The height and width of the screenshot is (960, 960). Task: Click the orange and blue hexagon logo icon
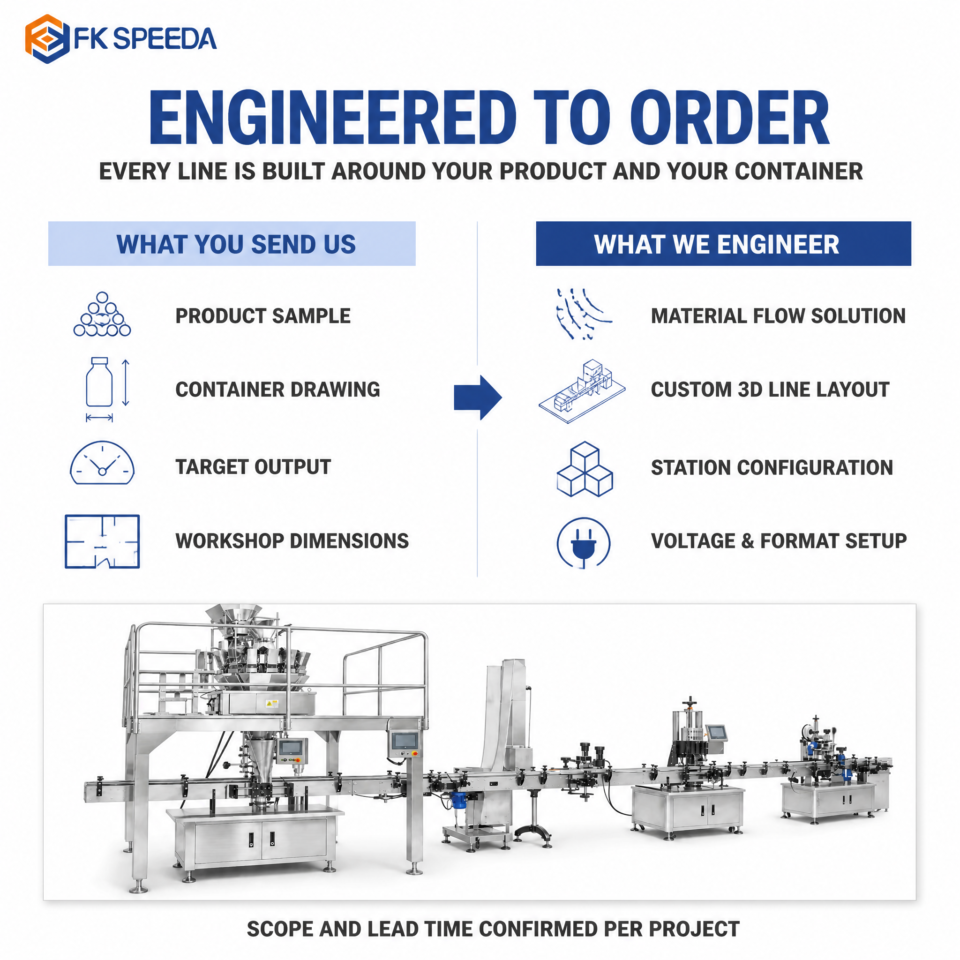tap(44, 39)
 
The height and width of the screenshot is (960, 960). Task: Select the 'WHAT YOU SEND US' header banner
tap(232, 243)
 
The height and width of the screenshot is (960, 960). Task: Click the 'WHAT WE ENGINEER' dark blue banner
tap(723, 243)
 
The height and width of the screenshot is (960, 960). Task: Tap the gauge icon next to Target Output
tap(102, 463)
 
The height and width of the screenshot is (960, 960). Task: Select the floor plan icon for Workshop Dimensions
tap(102, 541)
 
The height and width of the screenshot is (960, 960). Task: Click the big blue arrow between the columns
tap(478, 397)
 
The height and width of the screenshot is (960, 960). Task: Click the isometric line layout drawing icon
tap(582, 391)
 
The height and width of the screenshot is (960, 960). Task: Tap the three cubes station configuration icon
tap(585, 469)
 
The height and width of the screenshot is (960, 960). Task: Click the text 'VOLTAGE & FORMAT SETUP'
tap(779, 540)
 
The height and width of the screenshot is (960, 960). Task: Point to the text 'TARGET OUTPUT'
tap(253, 466)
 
